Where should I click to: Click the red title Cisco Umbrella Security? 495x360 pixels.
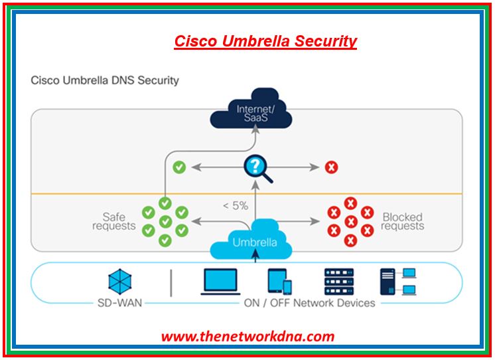click(x=265, y=41)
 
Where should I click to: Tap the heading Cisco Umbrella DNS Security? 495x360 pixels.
click(x=105, y=80)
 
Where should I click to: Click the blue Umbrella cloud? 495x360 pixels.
click(x=254, y=241)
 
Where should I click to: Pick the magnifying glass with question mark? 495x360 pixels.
click(x=256, y=167)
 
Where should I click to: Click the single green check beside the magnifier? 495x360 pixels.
click(x=179, y=167)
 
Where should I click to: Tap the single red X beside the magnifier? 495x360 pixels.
click(x=331, y=167)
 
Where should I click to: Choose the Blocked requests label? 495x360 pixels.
click(x=402, y=221)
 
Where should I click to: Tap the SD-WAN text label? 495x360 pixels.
click(x=119, y=304)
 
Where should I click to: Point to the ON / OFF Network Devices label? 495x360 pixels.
click(x=309, y=304)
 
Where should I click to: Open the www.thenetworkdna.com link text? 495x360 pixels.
click(x=247, y=336)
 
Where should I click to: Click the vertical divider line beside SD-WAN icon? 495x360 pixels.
click(x=171, y=282)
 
